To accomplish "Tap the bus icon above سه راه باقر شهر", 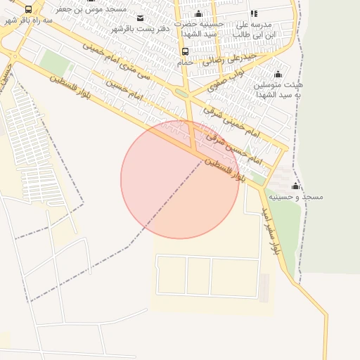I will pos(28,10).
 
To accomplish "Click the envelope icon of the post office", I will pos(140,18).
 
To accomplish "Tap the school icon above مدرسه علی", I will pos(254,13).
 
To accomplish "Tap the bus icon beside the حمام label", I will pos(185,51).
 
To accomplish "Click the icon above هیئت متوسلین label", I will pos(278,74).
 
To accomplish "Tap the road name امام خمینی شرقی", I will pos(231,120).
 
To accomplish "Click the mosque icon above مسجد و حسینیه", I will pos(295,186).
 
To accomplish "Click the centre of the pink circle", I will pos(180,179).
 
